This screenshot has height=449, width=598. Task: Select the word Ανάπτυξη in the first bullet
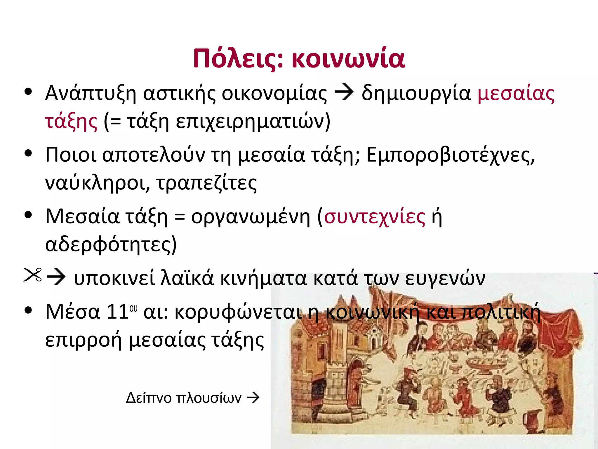pyautogui.click(x=91, y=94)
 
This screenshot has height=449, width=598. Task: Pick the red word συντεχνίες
pyautogui.click(x=375, y=217)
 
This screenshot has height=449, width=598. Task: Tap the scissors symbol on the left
pyautogui.click(x=33, y=275)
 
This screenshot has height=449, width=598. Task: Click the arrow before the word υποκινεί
pyautogui.click(x=56, y=277)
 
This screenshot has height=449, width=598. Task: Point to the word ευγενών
pyautogui.click(x=445, y=278)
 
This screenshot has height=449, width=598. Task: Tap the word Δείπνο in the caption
pyautogui.click(x=149, y=398)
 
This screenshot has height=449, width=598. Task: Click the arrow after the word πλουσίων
pyautogui.click(x=253, y=398)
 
